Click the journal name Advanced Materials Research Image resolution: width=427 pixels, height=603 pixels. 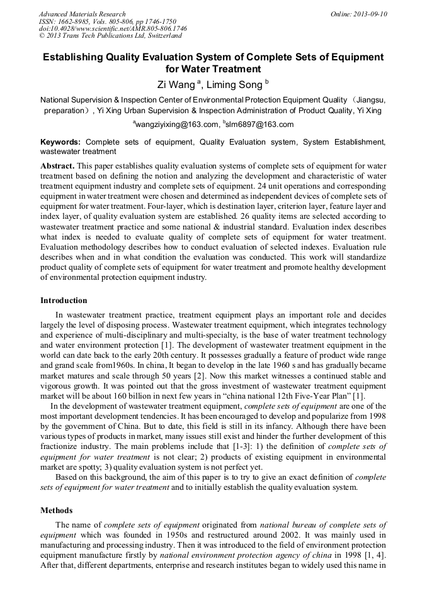pyautogui.click(x=82, y=14)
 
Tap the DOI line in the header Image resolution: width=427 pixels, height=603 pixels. pyautogui.click(x=113, y=29)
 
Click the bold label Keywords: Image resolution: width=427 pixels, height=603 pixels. pyautogui.click(x=60, y=142)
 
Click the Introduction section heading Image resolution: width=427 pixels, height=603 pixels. pyautogui.click(x=64, y=301)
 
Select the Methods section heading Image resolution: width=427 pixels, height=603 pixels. pyautogui.click(x=56, y=511)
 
